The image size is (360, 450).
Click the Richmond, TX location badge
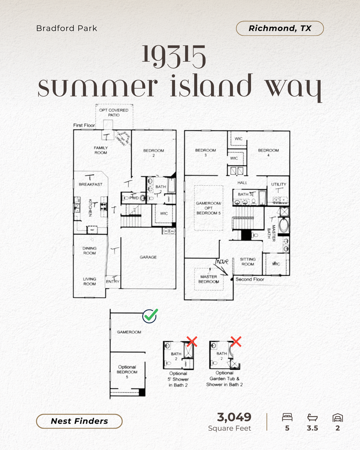tap(280, 28)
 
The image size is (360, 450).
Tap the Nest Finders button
tap(79, 421)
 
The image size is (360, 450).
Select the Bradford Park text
tap(66, 28)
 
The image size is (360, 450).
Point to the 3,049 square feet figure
tap(234, 417)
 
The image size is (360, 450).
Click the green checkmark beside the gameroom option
tap(150, 316)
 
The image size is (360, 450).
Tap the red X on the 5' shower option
tap(192, 341)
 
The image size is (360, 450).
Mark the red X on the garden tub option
tap(236, 341)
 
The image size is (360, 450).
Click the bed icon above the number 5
tap(287, 417)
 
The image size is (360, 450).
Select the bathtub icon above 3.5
tap(312, 417)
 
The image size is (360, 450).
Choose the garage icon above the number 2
tap(338, 417)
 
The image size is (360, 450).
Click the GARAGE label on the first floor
tap(148, 257)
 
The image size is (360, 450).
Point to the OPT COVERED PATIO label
tap(114, 112)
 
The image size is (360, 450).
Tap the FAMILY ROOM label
tap(101, 150)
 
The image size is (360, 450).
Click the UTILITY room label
tap(279, 184)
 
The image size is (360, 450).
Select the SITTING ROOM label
tap(248, 262)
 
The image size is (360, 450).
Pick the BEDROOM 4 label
tap(268, 152)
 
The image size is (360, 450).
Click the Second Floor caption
tap(250, 279)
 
